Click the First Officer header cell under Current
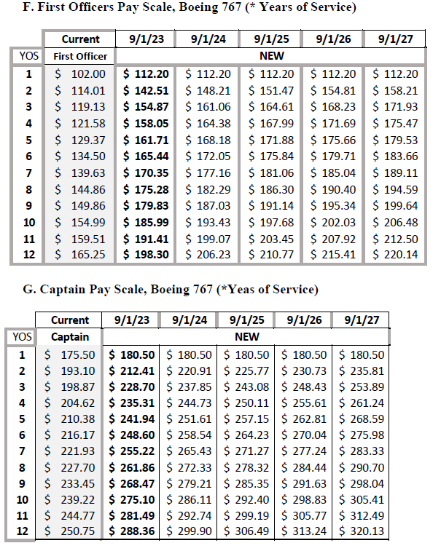(x=80, y=56)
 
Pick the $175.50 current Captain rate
(x=70, y=354)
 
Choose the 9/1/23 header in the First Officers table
(x=146, y=39)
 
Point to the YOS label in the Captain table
(x=22, y=336)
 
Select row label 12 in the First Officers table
(x=28, y=255)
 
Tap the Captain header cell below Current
(x=70, y=337)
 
